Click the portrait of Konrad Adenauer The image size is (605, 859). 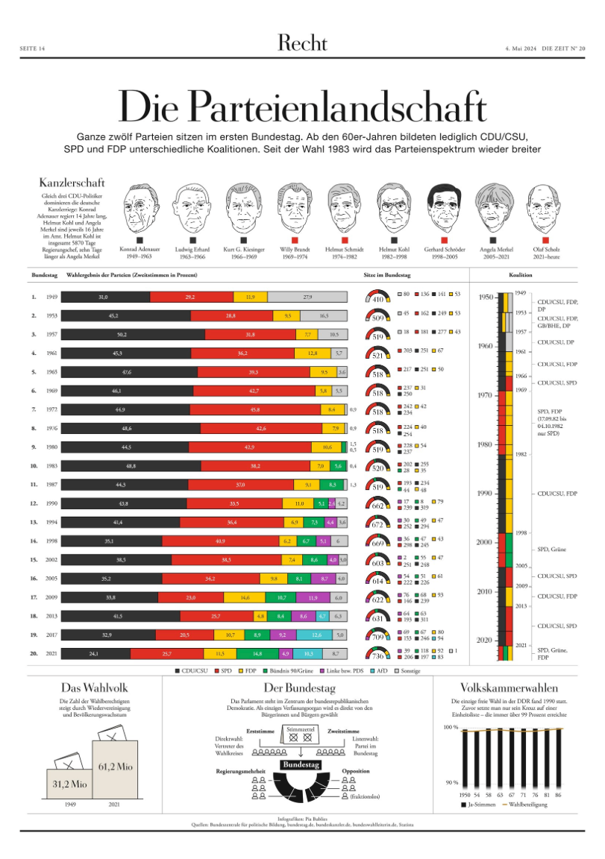pos(142,207)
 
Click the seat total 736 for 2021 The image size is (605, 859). pos(378,656)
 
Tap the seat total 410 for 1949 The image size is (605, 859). pos(378,300)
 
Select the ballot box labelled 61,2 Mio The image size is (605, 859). pos(115,768)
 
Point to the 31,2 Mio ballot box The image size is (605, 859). pos(70,782)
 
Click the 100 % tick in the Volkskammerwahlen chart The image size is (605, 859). pos(449,726)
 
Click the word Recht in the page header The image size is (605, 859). pos(302,43)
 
